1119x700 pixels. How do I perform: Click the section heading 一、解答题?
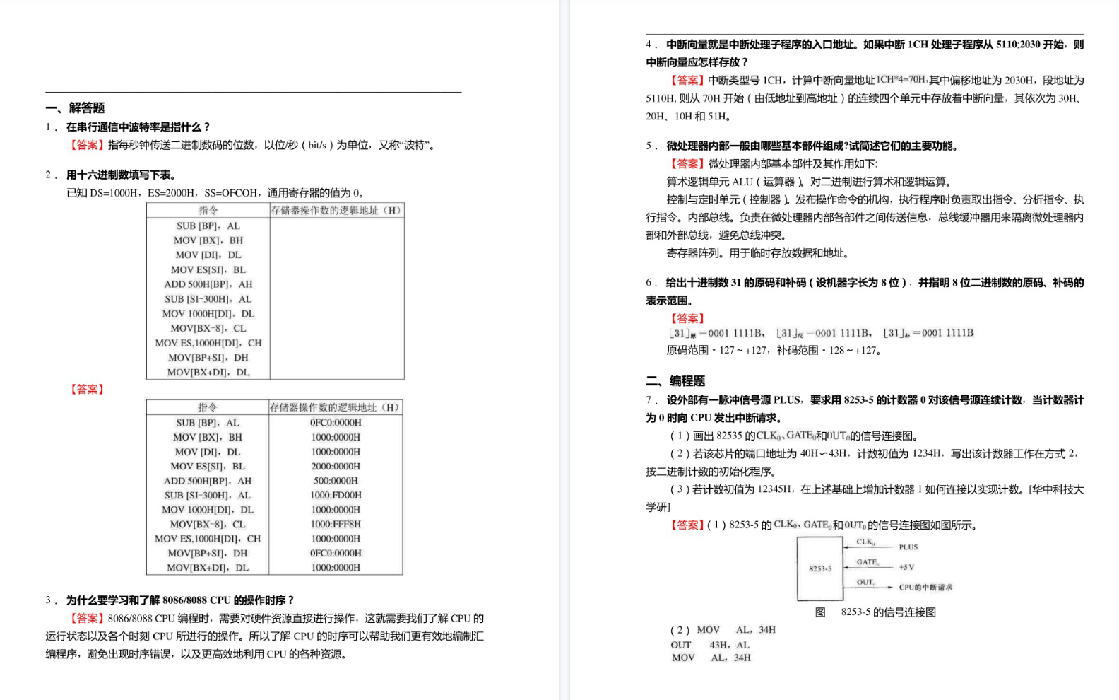(x=76, y=107)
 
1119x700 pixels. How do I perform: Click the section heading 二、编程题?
(x=675, y=380)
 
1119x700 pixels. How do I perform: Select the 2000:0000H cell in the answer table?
(x=336, y=466)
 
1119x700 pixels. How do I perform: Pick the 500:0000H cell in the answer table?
(x=336, y=481)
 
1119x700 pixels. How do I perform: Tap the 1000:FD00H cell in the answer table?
(x=336, y=495)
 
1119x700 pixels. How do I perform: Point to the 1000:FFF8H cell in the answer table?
(x=336, y=524)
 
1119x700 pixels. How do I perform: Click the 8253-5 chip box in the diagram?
(x=819, y=568)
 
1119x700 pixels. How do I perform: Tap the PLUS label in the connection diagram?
(x=908, y=547)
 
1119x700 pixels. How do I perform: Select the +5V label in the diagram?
(x=906, y=567)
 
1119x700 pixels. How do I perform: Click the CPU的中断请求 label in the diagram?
(x=925, y=587)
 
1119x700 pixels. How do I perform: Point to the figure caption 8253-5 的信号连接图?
(x=888, y=612)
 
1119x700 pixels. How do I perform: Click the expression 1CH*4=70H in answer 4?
(x=901, y=79)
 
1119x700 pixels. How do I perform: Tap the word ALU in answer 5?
(x=742, y=182)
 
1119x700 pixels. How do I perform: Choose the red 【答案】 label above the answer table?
(x=87, y=389)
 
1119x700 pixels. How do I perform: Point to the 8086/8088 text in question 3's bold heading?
(x=184, y=600)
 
